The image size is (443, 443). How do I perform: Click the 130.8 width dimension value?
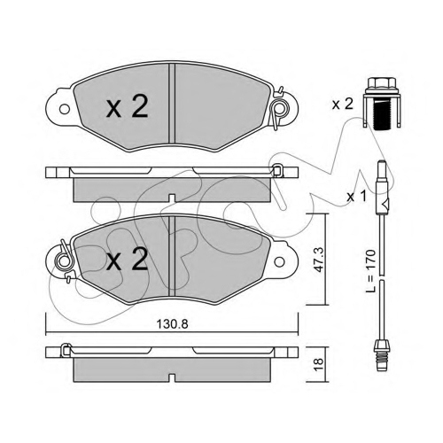click(x=172, y=324)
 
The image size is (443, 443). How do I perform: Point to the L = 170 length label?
click(x=370, y=271)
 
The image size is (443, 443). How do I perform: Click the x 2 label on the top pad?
click(x=127, y=106)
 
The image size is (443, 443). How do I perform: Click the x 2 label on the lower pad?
click(x=127, y=260)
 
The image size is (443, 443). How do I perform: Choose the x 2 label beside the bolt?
click(x=343, y=105)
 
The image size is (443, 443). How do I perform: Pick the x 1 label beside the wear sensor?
click(x=356, y=197)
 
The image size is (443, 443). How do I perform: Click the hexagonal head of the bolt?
click(x=382, y=83)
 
